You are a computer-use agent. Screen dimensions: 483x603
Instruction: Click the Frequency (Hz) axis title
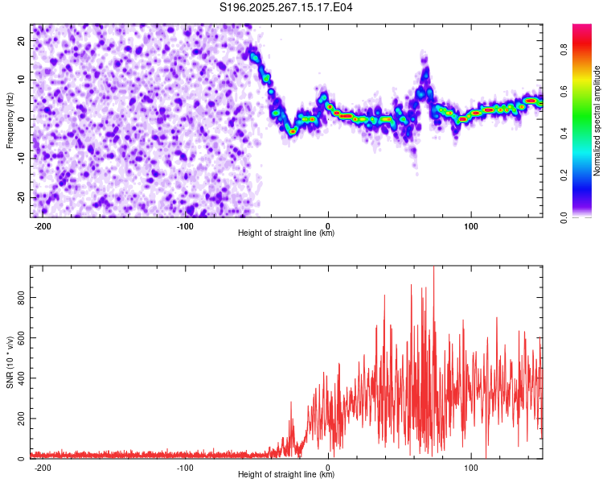point(10,121)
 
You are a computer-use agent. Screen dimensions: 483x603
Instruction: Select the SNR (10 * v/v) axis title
point(10,362)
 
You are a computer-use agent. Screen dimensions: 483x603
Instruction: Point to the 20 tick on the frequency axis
point(22,40)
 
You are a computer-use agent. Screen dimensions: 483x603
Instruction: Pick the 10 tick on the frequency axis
point(22,80)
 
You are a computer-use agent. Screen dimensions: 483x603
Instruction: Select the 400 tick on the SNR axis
point(18,378)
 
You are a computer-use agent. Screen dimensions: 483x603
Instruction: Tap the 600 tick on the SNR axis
point(18,338)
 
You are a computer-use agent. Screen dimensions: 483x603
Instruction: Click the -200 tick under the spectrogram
point(43,225)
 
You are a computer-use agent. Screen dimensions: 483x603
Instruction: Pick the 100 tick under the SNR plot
point(470,467)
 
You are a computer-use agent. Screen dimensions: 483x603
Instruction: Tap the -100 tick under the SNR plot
point(185,467)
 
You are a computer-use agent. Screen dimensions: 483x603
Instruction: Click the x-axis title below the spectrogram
point(286,233)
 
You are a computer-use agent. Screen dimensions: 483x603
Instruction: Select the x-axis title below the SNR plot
point(286,475)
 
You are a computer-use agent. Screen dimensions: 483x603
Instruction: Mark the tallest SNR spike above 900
point(433,269)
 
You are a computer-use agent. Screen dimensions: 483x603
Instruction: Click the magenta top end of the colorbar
point(582,27)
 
